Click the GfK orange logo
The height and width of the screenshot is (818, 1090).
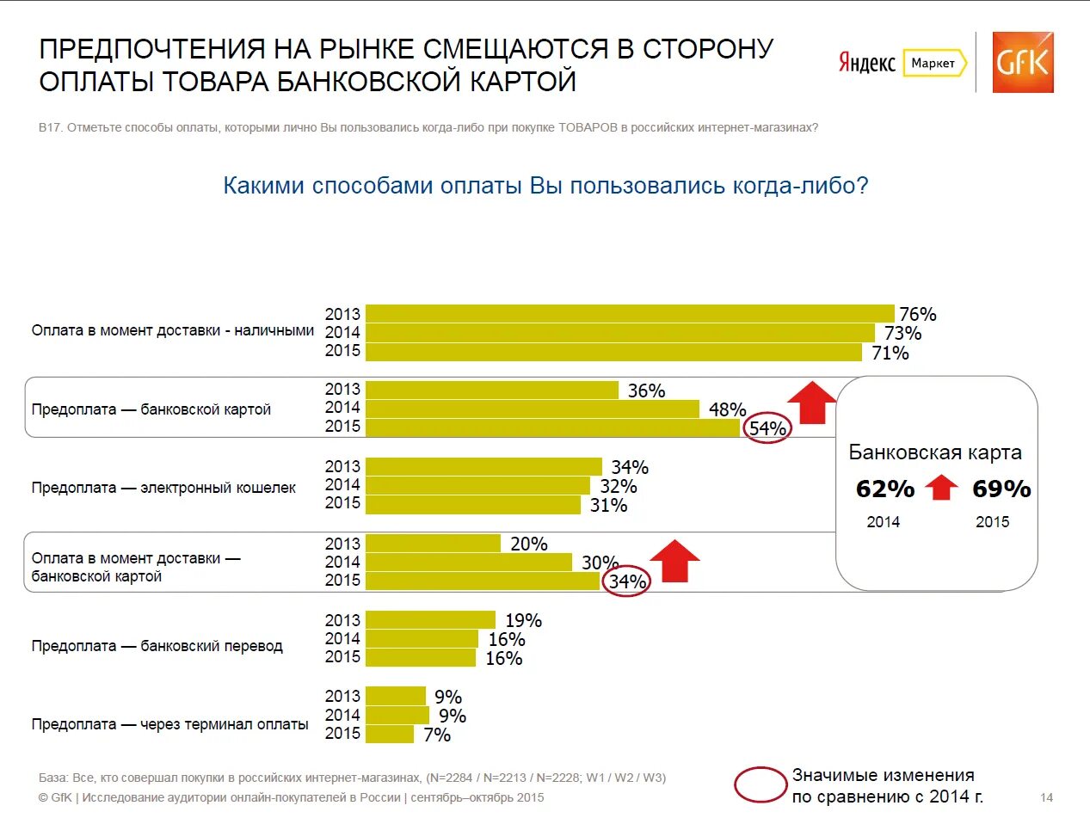tap(1022, 62)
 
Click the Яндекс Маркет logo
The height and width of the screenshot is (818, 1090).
tap(902, 63)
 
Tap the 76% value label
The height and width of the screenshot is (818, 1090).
tap(917, 314)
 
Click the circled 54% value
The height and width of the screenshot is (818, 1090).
tap(767, 428)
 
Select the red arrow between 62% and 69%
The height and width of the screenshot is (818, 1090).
tap(942, 489)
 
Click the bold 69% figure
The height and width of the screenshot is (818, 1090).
tap(1001, 489)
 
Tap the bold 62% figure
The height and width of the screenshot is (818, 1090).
tap(885, 489)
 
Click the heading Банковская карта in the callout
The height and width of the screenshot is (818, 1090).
tap(935, 452)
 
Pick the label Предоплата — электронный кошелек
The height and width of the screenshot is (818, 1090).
tap(163, 488)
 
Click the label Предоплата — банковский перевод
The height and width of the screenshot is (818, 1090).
tap(157, 646)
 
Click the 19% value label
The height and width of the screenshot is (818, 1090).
tap(523, 620)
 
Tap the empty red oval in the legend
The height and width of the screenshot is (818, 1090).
tap(761, 784)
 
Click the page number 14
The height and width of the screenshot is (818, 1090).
tap(1047, 796)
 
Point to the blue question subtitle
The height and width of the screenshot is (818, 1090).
tap(545, 186)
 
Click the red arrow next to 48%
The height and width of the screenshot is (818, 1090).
tap(811, 402)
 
